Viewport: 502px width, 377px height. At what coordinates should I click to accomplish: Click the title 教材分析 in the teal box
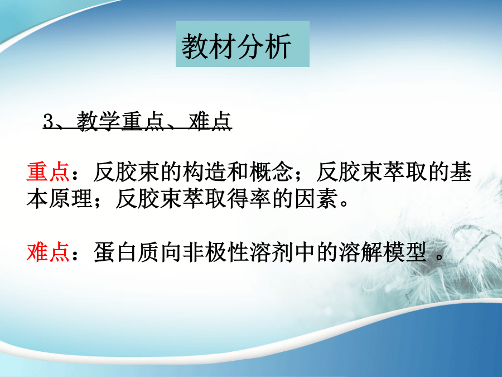tap(236, 46)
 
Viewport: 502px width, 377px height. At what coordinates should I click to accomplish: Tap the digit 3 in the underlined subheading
tap(49, 122)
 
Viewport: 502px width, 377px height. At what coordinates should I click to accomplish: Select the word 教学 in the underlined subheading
tap(98, 122)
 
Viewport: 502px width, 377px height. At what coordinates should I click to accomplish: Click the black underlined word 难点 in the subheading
tap(210, 122)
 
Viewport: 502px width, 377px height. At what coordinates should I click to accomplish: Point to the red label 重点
tap(48, 172)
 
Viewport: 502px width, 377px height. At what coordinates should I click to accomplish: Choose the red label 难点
tap(48, 252)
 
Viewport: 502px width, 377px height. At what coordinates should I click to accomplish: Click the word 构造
tap(205, 172)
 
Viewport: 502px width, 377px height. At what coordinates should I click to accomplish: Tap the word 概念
tap(272, 172)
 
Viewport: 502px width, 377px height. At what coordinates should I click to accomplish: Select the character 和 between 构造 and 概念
tap(238, 172)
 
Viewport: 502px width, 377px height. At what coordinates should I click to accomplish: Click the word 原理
tap(70, 199)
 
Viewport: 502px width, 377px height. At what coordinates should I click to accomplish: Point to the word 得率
tap(249, 199)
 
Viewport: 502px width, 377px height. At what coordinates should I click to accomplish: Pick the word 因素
tap(316, 199)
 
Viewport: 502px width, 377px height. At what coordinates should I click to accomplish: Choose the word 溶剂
tap(272, 252)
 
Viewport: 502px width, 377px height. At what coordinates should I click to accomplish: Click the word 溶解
tap(361, 252)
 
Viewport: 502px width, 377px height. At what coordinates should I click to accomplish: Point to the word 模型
tap(406, 252)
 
